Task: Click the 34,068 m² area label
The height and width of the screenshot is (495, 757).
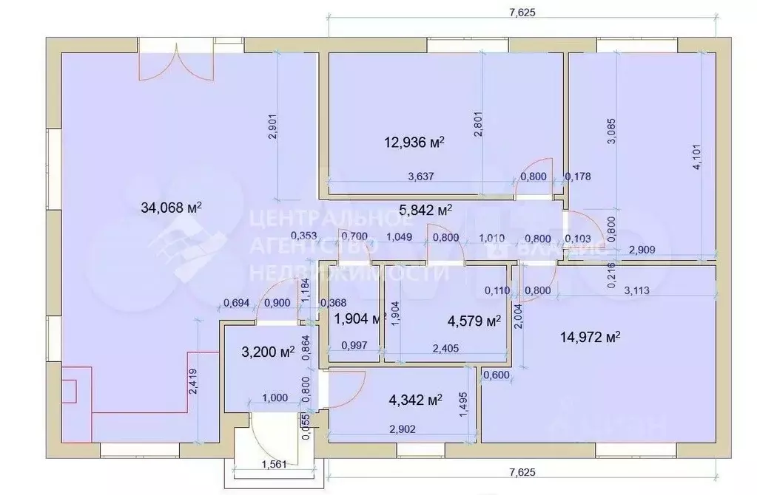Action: tap(171, 208)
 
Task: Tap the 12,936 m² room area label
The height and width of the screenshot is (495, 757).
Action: tap(414, 142)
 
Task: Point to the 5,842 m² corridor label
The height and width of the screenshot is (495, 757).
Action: tap(425, 210)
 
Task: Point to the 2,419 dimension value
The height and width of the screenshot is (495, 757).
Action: tap(193, 382)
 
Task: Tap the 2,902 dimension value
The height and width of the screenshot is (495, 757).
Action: tap(401, 428)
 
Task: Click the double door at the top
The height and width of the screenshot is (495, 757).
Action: tap(176, 65)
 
